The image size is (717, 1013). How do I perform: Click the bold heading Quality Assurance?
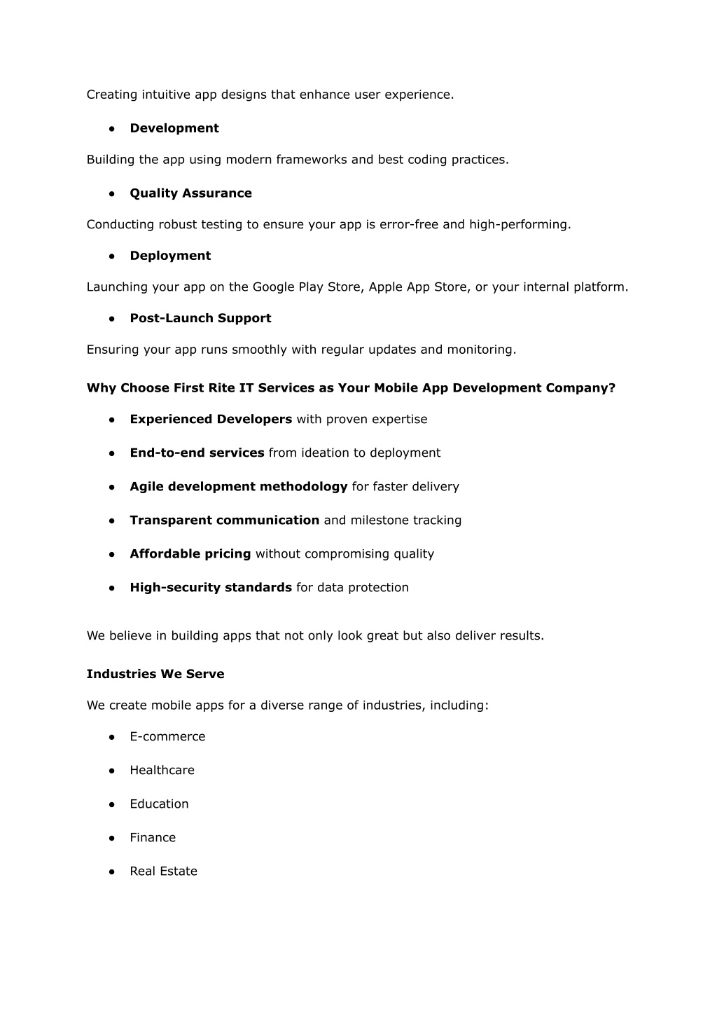[x=190, y=193]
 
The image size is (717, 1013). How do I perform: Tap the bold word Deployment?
[x=170, y=256]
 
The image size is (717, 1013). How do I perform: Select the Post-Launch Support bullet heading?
[x=200, y=318]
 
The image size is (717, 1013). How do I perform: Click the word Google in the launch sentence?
[x=274, y=287]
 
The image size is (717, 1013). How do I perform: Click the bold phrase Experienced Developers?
[x=211, y=420]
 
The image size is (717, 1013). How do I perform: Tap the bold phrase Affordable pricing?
[x=190, y=554]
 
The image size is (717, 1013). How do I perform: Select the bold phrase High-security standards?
[x=211, y=588]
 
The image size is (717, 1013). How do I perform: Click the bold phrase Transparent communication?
[x=224, y=521]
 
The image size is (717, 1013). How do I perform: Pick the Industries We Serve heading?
[x=155, y=674]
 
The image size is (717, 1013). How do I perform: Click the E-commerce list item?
[x=167, y=737]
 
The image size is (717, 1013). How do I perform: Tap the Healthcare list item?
[x=162, y=771]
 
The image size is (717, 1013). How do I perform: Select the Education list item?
[x=159, y=804]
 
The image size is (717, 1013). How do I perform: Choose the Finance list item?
[x=153, y=838]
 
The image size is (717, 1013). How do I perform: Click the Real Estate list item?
[x=163, y=871]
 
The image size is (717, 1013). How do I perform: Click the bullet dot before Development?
[x=112, y=129]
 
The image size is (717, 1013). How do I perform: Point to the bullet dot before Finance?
[x=112, y=838]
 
